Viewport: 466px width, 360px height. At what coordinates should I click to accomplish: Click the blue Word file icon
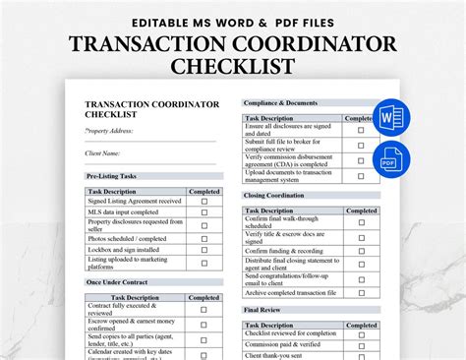pyautogui.click(x=390, y=116)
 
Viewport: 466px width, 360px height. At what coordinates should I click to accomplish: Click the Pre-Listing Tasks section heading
pyautogui.click(x=112, y=176)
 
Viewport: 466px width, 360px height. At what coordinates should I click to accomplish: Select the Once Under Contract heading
pyautogui.click(x=117, y=283)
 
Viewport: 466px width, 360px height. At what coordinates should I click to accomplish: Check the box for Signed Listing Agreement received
pyautogui.click(x=204, y=201)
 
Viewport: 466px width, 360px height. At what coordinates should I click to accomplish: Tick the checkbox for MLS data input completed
pyautogui.click(x=204, y=211)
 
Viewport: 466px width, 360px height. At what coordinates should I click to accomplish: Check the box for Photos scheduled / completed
pyautogui.click(x=204, y=238)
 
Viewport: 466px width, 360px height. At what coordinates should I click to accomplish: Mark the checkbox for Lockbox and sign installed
pyautogui.click(x=204, y=249)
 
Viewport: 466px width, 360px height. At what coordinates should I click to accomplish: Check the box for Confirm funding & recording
pyautogui.click(x=361, y=251)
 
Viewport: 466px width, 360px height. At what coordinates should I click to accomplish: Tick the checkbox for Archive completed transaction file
pyautogui.click(x=361, y=291)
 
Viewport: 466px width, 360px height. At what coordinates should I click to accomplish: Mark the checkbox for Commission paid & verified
pyautogui.click(x=361, y=343)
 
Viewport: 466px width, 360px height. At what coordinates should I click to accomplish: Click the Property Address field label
pyautogui.click(x=109, y=130)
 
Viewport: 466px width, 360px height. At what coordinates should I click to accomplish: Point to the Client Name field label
pyautogui.click(x=103, y=152)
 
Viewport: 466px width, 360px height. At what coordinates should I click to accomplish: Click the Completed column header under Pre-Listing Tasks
pyautogui.click(x=204, y=191)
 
